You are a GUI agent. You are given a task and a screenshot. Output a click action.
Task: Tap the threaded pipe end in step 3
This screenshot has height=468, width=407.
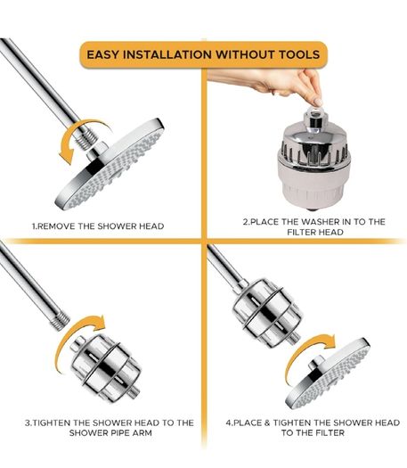coord(61,321)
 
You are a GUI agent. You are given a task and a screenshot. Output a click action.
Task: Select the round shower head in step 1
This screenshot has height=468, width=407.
coord(110,164)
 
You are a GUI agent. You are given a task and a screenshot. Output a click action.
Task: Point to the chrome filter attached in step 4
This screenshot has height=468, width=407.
coord(267,314)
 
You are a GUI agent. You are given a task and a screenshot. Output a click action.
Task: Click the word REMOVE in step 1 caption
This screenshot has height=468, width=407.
coord(57,226)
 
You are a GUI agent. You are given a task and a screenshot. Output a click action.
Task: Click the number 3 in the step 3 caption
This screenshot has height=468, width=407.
coord(28,423)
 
